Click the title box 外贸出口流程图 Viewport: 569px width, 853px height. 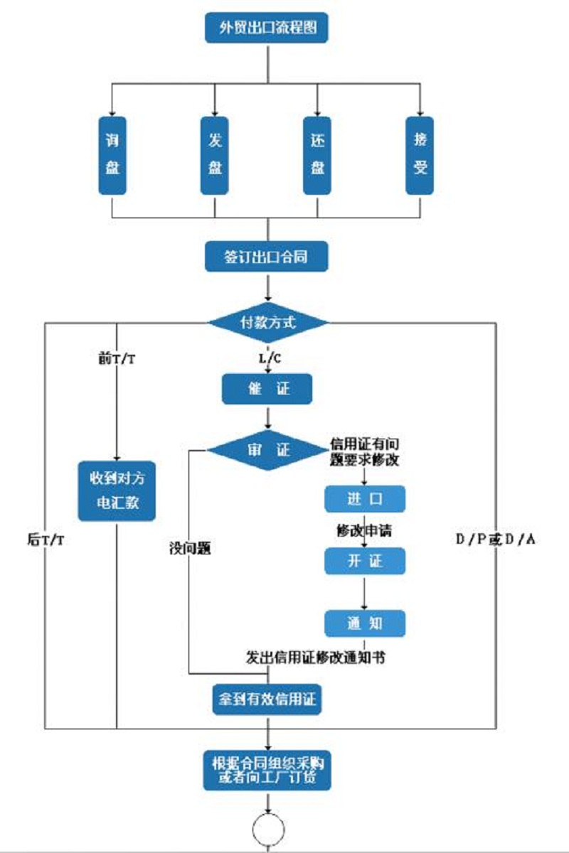point(267,29)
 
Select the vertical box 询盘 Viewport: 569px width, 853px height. point(112,155)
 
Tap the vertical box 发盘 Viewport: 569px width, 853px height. point(214,155)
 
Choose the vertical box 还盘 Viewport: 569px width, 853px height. point(317,155)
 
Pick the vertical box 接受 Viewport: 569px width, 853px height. point(420,155)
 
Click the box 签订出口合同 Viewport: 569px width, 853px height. point(267,257)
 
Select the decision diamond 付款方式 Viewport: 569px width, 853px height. point(268,322)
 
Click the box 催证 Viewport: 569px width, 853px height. point(267,389)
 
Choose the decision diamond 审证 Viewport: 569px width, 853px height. point(268,451)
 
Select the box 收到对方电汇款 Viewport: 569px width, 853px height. point(117,490)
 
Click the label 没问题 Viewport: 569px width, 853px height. point(189,549)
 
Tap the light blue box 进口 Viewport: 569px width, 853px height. point(365,499)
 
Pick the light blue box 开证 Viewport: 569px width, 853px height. point(365,561)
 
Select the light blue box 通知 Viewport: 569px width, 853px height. point(365,623)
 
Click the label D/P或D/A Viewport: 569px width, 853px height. point(496,540)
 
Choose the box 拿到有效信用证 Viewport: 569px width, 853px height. point(267,699)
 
